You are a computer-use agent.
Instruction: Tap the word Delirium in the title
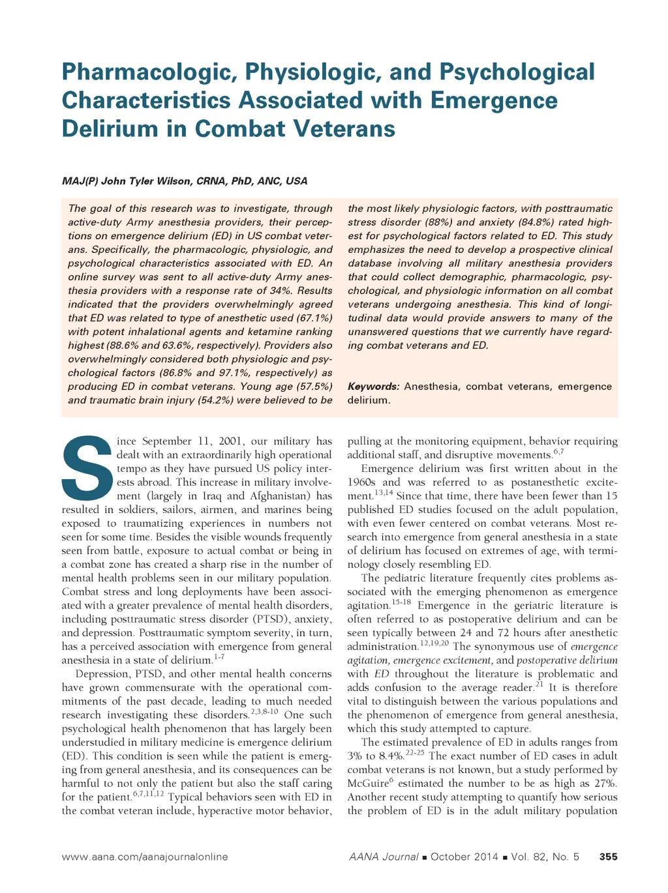[109, 129]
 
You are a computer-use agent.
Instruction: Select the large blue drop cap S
[87, 468]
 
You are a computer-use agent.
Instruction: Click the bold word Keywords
[373, 387]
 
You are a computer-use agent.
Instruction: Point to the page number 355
[608, 857]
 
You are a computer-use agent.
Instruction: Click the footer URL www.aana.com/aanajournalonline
[145, 857]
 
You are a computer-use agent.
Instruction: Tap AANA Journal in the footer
[384, 857]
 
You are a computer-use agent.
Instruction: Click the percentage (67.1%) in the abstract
[314, 318]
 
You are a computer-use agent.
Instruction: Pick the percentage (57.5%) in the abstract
[314, 387]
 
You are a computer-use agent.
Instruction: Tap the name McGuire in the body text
[369, 783]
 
